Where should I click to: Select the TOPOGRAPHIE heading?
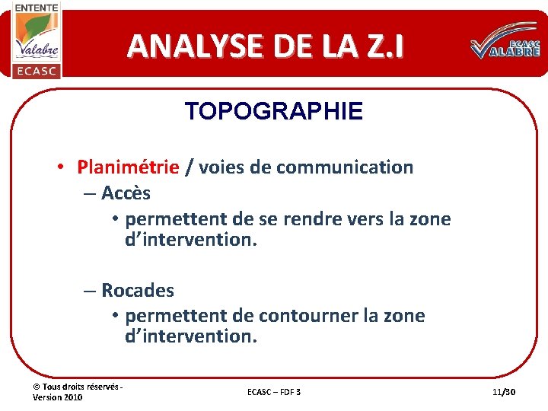click(x=273, y=112)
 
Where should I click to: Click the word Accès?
click(x=126, y=193)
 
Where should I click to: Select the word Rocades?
click(x=138, y=290)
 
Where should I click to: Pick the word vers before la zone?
click(x=366, y=219)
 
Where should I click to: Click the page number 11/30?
click(x=504, y=391)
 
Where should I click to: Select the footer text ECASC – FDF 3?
click(x=274, y=391)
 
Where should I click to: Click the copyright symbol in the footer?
click(x=37, y=387)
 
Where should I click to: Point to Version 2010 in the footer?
click(x=58, y=397)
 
